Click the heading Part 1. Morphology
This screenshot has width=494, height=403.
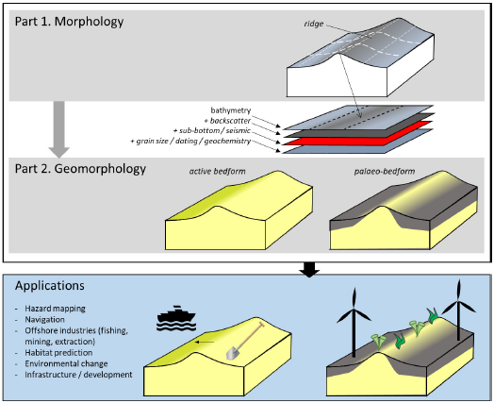click(70, 22)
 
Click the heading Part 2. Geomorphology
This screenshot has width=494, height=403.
click(80, 169)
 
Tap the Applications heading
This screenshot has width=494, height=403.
click(50, 286)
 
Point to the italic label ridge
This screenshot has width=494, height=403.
click(314, 24)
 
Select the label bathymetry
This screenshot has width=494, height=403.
click(231, 110)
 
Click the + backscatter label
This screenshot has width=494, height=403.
click(227, 121)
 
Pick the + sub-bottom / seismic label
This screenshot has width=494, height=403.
click(212, 130)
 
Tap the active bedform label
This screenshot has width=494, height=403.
click(217, 171)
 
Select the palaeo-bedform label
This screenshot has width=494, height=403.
click(385, 171)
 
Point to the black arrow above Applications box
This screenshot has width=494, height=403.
click(309, 270)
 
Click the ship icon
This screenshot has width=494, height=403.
click(176, 318)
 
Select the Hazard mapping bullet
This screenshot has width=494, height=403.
click(55, 309)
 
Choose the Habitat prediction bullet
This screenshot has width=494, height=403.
click(58, 353)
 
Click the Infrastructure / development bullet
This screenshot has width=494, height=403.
click(78, 375)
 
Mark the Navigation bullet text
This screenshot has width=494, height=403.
click(44, 319)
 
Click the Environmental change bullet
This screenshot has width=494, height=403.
click(66, 363)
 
